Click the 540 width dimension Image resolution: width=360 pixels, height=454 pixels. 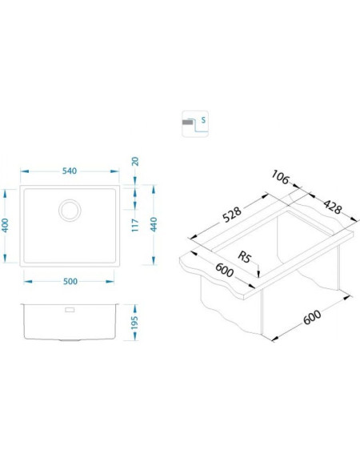click(x=70, y=171)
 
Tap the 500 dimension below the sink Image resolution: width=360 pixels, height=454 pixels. click(x=70, y=281)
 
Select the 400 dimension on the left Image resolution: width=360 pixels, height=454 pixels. click(x=6, y=225)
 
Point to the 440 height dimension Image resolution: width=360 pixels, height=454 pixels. click(x=154, y=224)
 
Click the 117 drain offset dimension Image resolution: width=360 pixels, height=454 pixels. click(x=135, y=225)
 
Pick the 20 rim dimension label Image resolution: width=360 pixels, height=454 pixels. click(x=135, y=161)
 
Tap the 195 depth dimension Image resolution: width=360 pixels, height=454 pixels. click(x=134, y=323)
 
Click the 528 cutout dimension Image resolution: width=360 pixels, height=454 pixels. click(x=232, y=215)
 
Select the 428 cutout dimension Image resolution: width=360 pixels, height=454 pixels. click(x=333, y=207)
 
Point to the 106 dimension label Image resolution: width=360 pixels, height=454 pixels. click(x=280, y=177)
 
